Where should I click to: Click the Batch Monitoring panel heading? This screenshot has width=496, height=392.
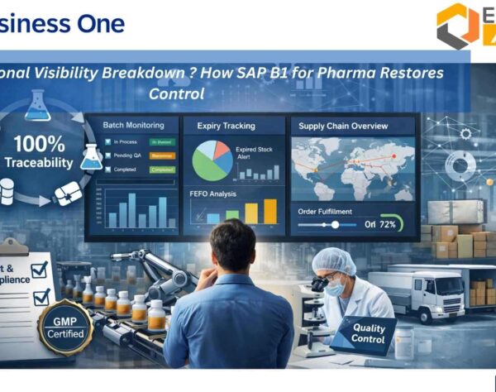pyautogui.click(x=132, y=125)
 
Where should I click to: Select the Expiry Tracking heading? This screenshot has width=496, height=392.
pyautogui.click(x=226, y=126)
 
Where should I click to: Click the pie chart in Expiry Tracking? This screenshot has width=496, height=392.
pyautogui.click(x=210, y=160)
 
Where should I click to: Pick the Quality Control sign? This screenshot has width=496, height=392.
pyautogui.click(x=368, y=332)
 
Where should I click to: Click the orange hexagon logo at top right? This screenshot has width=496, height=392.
pyautogui.click(x=457, y=25)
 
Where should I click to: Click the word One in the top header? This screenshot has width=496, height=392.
pyautogui.click(x=103, y=22)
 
